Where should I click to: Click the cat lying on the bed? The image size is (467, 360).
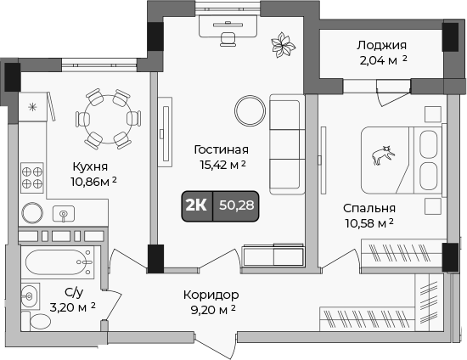pyautogui.click(x=382, y=155)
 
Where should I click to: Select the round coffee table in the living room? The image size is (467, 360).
pyautogui.click(x=250, y=109)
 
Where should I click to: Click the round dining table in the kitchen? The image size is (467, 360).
pyautogui.click(x=107, y=119)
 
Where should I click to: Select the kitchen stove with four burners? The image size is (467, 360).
pyautogui.click(x=33, y=176)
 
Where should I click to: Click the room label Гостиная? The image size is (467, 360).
pyautogui.click(x=220, y=149)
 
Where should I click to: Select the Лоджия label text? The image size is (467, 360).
pyautogui.click(x=381, y=45)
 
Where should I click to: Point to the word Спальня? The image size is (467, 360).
pyautogui.click(x=369, y=208)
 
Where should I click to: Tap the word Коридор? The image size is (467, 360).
pyautogui.click(x=211, y=295)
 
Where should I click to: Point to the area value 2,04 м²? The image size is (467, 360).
pyautogui.click(x=381, y=60)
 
